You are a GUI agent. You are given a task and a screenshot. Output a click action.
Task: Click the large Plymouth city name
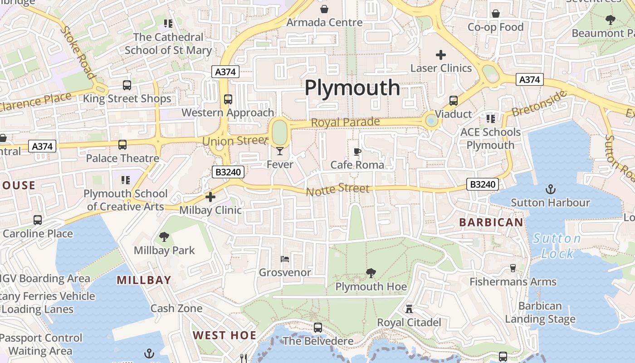(x=352, y=88)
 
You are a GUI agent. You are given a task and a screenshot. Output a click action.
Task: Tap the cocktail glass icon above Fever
(x=280, y=151)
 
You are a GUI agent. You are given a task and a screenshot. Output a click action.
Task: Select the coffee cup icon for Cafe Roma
(x=357, y=152)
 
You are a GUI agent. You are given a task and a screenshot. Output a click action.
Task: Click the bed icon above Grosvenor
(x=285, y=259)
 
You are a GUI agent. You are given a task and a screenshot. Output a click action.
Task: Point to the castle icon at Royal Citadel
(x=409, y=309)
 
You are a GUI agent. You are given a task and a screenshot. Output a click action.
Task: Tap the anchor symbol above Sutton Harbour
(x=550, y=189)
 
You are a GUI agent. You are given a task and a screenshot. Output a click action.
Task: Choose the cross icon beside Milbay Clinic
(x=210, y=197)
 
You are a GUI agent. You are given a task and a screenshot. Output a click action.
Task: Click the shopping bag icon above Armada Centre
(x=324, y=9)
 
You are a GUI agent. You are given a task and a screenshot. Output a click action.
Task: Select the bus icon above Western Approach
(x=228, y=99)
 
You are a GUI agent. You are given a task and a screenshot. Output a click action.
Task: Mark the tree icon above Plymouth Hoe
(x=371, y=273)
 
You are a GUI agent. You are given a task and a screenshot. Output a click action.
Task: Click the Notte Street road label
(x=338, y=189)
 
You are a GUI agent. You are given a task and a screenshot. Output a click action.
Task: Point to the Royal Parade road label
(x=345, y=123)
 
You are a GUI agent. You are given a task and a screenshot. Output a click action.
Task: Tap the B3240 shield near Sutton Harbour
(x=483, y=184)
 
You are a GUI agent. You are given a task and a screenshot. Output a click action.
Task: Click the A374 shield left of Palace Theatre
(x=42, y=146)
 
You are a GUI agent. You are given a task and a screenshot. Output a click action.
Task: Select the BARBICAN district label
(x=491, y=222)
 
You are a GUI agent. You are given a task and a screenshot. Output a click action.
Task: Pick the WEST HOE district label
(x=225, y=335)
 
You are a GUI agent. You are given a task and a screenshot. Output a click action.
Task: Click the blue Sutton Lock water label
(x=557, y=245)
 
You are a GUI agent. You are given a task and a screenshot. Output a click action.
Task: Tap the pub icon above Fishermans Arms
(x=513, y=268)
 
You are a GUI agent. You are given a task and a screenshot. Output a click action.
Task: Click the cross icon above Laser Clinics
(x=441, y=55)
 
